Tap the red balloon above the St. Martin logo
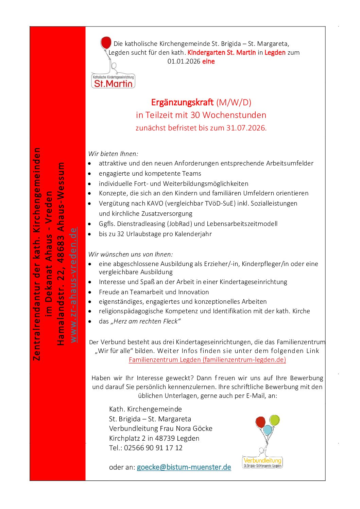pos(106,43)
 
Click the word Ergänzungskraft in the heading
pos(182,102)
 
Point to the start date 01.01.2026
pos(184,62)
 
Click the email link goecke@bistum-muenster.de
pos(184,467)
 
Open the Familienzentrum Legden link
pos(207,360)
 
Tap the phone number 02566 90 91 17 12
pos(153,448)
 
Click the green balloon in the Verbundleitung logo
pos(274,420)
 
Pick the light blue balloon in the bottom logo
pos(268,430)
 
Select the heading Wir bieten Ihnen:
pos(113,154)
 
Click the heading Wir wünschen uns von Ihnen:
pos(130,254)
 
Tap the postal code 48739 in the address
pos(165,438)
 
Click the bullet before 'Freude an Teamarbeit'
pos(90,292)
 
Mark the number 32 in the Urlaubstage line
pos(121,234)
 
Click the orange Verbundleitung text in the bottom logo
pos(262,461)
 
